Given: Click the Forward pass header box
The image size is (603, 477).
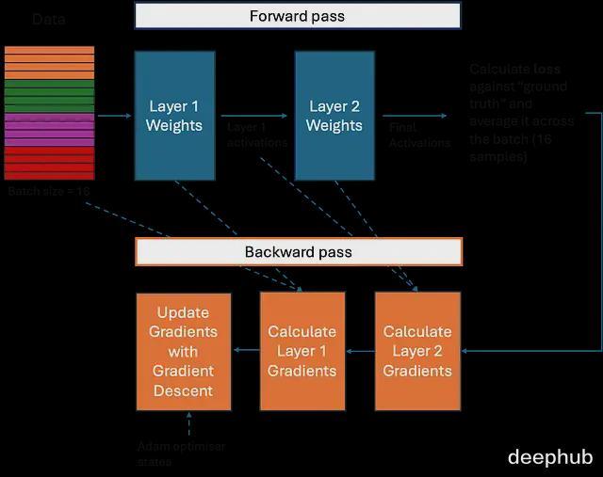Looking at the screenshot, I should pyautogui.click(x=297, y=16).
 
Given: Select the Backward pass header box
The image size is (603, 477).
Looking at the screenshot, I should pyautogui.click(x=299, y=252).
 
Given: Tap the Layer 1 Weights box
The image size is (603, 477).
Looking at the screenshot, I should pyautogui.click(x=174, y=116).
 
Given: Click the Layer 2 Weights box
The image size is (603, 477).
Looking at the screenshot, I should pyautogui.click(x=334, y=116).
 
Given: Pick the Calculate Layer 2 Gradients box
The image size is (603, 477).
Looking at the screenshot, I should pyautogui.click(x=417, y=351).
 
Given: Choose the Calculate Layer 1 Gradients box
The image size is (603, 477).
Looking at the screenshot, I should pyautogui.click(x=301, y=351).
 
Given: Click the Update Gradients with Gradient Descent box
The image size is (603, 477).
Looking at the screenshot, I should pyautogui.click(x=184, y=351).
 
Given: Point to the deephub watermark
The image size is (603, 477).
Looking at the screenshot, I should pyautogui.click(x=550, y=456).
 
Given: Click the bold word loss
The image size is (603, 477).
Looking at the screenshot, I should pyautogui.click(x=546, y=70).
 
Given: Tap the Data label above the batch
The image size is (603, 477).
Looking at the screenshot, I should pyautogui.click(x=49, y=19).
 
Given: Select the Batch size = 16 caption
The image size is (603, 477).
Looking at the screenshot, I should pyautogui.click(x=49, y=191).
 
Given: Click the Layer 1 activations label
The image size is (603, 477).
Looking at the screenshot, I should pyautogui.click(x=257, y=134).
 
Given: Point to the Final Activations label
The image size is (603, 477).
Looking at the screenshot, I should pyautogui.click(x=419, y=134).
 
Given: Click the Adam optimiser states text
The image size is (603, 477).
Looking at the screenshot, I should pyautogui.click(x=181, y=453).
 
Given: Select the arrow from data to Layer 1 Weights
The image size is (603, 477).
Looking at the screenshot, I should pyautogui.click(x=114, y=116).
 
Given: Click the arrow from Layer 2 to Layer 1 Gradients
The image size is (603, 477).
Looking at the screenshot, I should pyautogui.click(x=360, y=351).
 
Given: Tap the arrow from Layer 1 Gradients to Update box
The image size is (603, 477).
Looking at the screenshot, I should pyautogui.click(x=245, y=351).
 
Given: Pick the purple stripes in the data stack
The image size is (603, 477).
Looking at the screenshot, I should pyautogui.click(x=49, y=129).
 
